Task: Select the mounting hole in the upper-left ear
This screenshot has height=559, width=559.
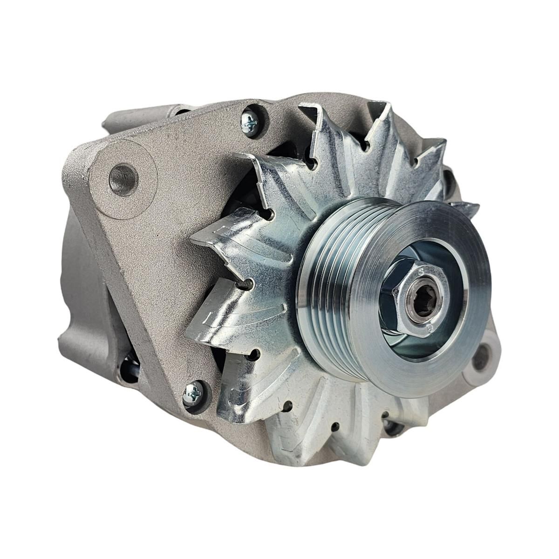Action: point(123,177)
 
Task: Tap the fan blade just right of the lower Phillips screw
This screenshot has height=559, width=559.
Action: point(233,396)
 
